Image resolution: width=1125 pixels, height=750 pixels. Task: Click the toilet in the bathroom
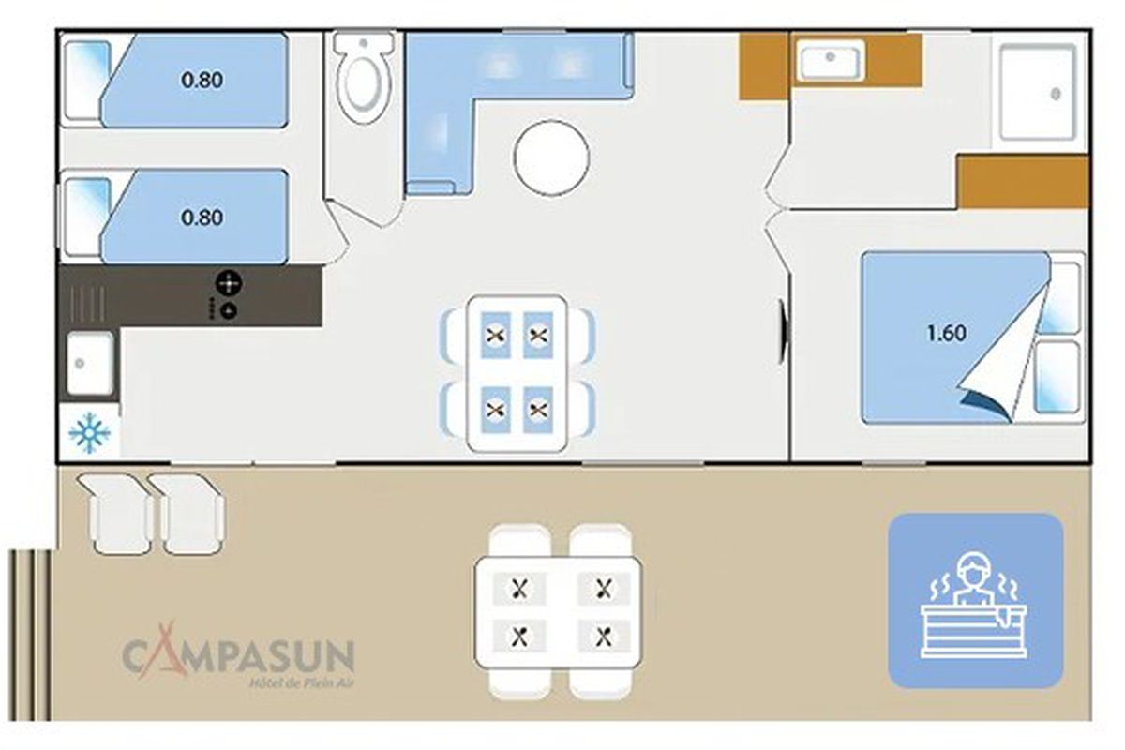tap(365, 77)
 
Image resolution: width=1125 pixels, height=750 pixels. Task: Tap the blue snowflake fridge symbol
tap(90, 433)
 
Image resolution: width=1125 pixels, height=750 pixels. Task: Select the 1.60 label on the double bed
tap(946, 333)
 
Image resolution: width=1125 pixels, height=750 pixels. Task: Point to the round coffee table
tap(551, 157)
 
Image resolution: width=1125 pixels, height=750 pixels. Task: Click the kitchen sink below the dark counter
tap(90, 363)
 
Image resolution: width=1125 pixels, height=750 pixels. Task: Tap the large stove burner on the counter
tap(229, 283)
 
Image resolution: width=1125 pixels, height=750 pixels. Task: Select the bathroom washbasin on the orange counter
tap(831, 60)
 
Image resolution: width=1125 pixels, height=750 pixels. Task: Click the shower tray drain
tap(1056, 94)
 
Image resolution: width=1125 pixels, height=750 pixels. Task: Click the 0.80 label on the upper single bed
tap(202, 80)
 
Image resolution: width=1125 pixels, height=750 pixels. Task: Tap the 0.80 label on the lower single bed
tap(202, 217)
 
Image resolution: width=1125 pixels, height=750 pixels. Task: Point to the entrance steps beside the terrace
tap(30, 635)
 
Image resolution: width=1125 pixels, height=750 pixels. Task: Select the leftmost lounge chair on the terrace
tap(118, 514)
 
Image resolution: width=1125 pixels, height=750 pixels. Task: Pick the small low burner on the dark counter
tap(229, 310)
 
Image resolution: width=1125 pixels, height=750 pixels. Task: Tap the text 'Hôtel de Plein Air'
tap(302, 682)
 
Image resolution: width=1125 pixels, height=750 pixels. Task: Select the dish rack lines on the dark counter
tap(87, 304)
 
